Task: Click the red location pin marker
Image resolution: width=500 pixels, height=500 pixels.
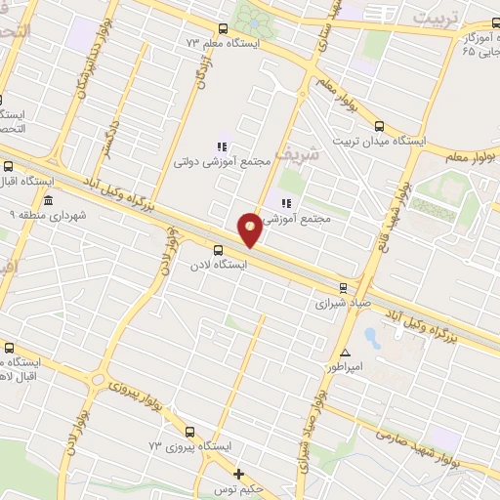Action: click(x=251, y=229)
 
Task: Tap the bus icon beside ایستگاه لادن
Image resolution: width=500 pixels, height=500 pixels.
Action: click(x=219, y=248)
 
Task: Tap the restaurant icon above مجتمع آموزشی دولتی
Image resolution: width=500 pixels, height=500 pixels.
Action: click(x=222, y=146)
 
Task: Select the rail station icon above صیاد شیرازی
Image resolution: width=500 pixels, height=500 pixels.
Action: click(x=342, y=287)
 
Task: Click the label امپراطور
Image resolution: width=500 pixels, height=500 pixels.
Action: click(x=349, y=368)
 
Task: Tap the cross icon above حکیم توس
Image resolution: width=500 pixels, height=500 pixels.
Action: click(x=238, y=474)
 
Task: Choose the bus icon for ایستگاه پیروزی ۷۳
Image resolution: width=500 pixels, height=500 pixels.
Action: click(x=190, y=431)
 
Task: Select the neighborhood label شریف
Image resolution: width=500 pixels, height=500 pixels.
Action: click(x=296, y=154)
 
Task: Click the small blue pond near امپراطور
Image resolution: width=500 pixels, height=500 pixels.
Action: click(x=372, y=337)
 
